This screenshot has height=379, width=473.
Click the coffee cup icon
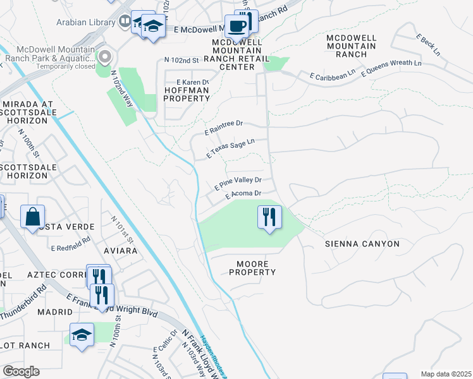(237, 27)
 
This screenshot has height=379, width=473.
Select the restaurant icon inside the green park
(269, 217)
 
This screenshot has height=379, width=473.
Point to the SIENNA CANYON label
(362, 244)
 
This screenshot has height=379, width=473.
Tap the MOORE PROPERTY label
(252, 268)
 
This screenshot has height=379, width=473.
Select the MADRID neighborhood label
(54, 312)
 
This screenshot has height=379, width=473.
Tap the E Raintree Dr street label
(224, 128)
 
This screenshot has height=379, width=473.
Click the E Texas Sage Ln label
(231, 149)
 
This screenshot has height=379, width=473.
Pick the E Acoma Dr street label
(243, 195)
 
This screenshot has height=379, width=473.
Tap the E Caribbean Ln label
(333, 75)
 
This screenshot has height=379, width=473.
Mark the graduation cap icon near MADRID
(82, 335)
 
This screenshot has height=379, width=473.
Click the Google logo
(21, 371)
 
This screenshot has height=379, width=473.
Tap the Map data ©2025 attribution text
(445, 374)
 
